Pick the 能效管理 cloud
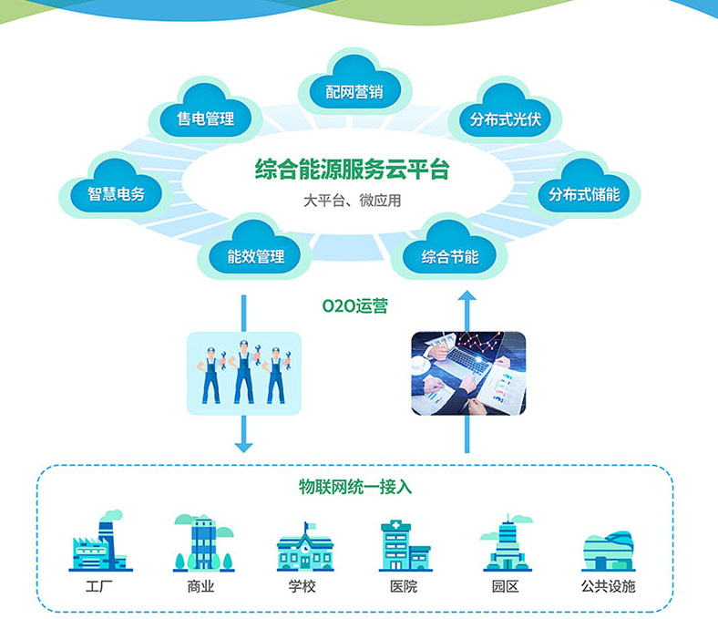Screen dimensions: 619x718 pos(255,256)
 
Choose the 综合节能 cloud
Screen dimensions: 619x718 pos(449,257)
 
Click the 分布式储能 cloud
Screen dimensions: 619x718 pos(583,194)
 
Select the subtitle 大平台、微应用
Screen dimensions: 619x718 pos(352,201)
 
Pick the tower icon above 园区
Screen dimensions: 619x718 pos(507,542)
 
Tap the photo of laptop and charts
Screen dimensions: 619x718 pos(467,372)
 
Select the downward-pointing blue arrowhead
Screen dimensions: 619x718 pos(242,446)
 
